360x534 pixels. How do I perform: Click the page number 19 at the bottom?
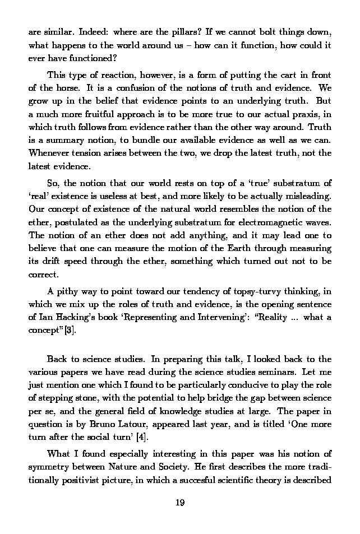(179, 503)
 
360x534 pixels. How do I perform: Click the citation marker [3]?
(70, 331)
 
